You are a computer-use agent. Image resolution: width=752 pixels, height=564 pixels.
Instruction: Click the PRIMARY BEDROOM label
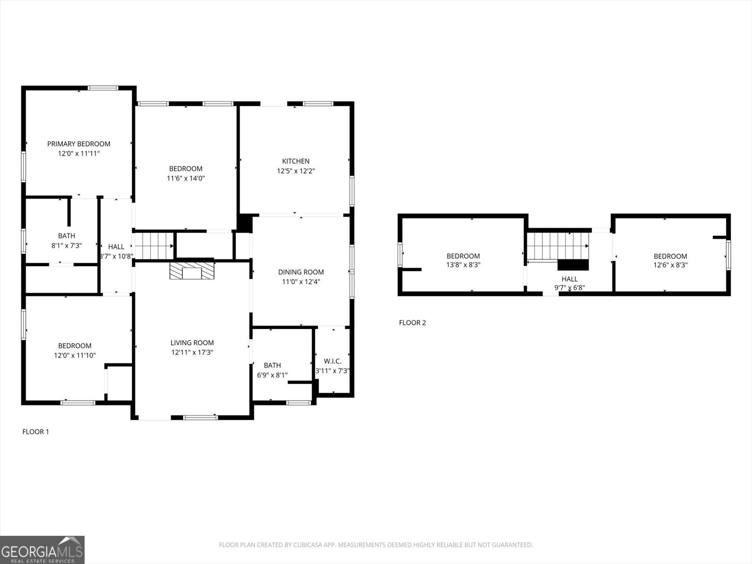click(x=78, y=144)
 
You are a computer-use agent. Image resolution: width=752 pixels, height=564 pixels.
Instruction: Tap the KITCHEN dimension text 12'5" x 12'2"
click(x=296, y=171)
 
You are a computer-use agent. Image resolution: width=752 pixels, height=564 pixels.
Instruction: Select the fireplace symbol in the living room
click(x=192, y=271)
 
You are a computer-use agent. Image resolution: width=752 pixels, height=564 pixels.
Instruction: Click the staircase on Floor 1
click(x=154, y=245)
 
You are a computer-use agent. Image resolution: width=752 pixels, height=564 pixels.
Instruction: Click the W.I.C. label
click(x=332, y=361)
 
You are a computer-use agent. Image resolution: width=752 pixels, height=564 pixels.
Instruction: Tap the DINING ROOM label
click(x=301, y=272)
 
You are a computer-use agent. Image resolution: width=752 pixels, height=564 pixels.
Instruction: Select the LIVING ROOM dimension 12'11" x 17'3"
click(x=192, y=352)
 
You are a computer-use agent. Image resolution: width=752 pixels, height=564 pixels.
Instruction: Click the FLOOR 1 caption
click(x=36, y=431)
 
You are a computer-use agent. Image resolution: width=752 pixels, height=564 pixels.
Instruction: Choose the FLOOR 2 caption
click(x=412, y=322)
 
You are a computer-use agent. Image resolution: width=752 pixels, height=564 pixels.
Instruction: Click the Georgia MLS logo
click(x=42, y=550)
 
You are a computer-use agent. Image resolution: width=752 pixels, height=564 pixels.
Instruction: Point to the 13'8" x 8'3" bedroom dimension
click(x=463, y=265)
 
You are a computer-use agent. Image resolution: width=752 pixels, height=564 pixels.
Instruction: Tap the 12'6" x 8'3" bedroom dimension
click(x=670, y=265)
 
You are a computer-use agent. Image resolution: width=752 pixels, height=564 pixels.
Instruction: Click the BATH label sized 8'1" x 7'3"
click(x=66, y=235)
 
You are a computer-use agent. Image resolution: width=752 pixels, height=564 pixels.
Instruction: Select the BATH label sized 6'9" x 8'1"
click(x=272, y=365)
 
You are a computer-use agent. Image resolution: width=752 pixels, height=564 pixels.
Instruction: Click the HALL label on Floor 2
click(x=569, y=279)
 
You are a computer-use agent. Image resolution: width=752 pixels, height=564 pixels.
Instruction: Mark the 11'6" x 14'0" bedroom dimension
click(x=186, y=178)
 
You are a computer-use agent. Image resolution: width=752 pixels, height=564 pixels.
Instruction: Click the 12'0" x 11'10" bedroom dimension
click(x=75, y=355)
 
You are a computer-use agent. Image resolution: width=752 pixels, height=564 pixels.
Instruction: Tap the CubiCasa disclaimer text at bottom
click(x=376, y=545)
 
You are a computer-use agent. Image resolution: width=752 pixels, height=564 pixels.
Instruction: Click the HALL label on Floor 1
click(x=116, y=246)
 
